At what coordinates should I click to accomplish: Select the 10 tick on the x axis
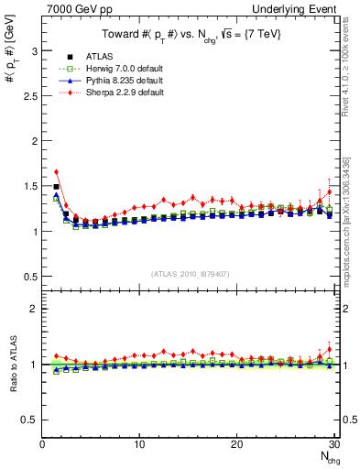pos(139,445)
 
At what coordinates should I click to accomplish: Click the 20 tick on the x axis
pos(236,445)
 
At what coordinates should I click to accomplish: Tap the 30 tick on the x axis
pos(333,445)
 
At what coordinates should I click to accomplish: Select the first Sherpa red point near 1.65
pos(56,171)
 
